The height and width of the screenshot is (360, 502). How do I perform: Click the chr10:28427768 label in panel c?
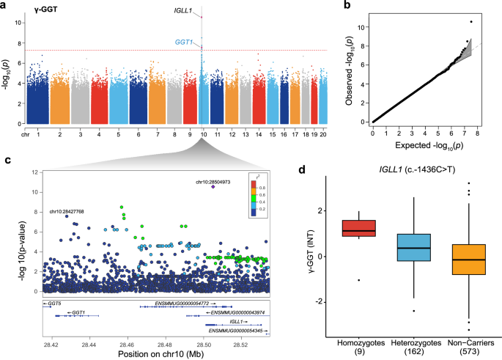[67, 211]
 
